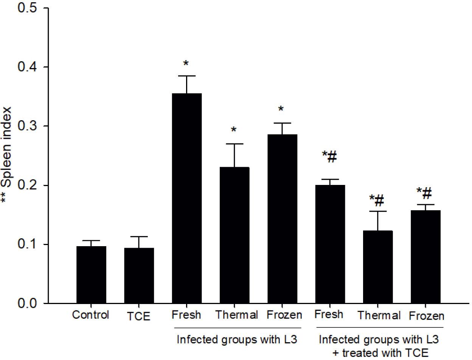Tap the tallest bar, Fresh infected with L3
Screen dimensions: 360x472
187,198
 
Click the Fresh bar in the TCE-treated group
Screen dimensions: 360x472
330,244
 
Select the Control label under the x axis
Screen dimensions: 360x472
91,315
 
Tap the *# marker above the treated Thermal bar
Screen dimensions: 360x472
377,199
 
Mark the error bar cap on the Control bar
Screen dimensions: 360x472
91,241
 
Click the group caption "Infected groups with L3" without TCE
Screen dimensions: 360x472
236,339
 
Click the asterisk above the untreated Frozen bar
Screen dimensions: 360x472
281,109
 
